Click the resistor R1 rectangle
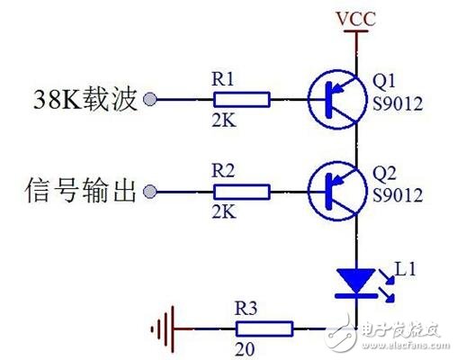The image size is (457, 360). [x=241, y=99]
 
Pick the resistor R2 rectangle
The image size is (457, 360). [x=241, y=191]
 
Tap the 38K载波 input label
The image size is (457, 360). [x=86, y=99]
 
